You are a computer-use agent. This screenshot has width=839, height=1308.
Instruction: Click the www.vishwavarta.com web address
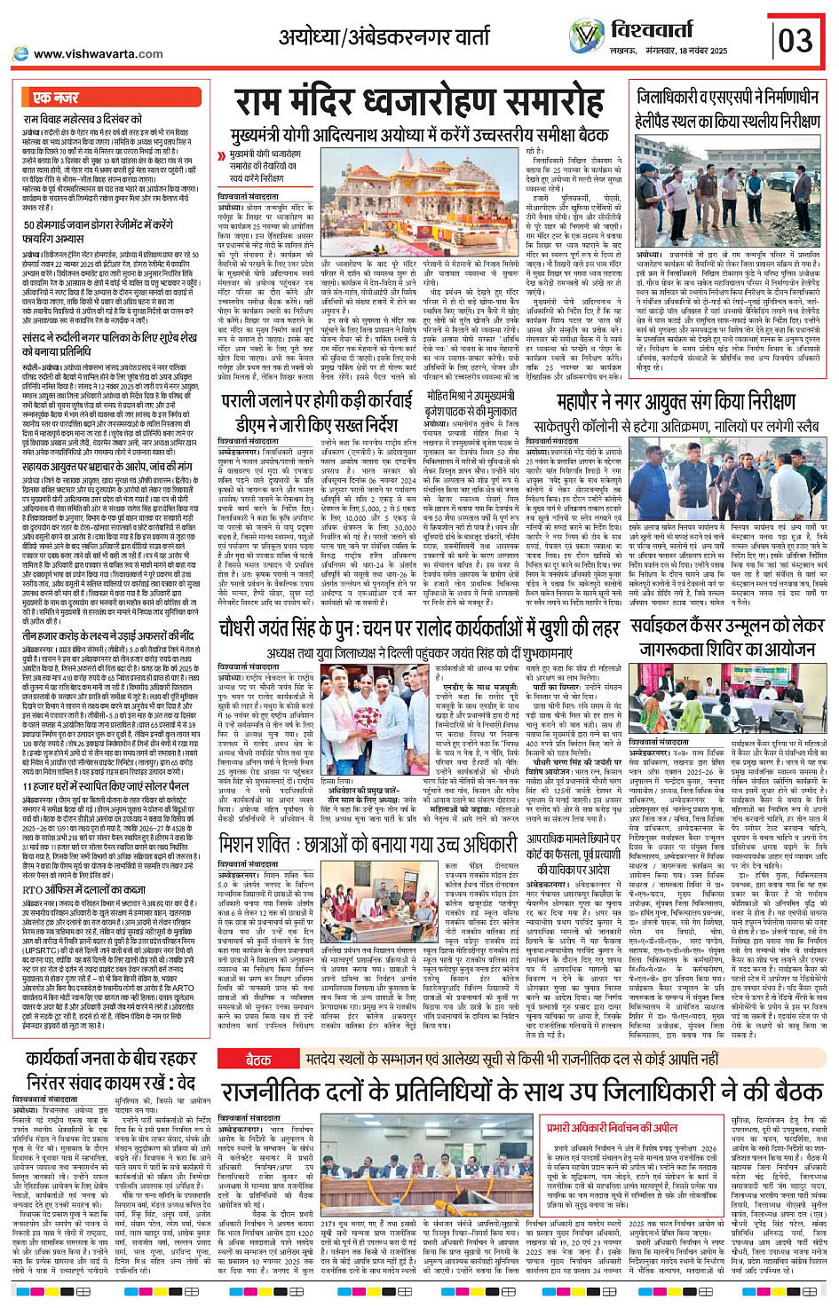point(98,54)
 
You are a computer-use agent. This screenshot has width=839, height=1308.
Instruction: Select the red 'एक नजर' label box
point(55,98)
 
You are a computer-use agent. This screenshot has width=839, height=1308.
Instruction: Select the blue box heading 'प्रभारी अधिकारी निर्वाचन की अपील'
point(612,1128)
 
